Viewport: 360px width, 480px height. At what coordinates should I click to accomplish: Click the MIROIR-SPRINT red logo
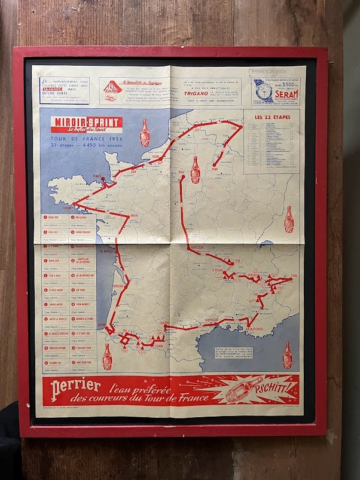pyautogui.click(x=87, y=124)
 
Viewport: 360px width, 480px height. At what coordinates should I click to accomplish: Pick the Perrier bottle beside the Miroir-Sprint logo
pyautogui.click(x=144, y=132)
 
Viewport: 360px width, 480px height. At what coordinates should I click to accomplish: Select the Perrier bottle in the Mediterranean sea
pyautogui.click(x=287, y=354)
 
